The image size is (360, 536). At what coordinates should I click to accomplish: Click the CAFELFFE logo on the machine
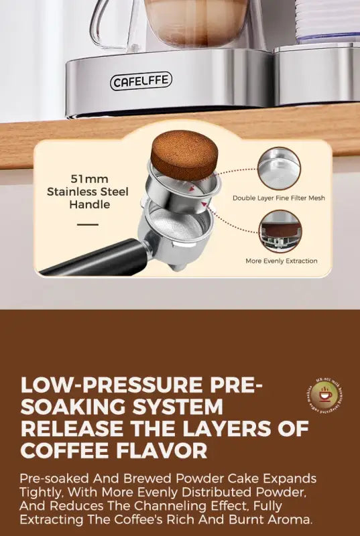(141, 81)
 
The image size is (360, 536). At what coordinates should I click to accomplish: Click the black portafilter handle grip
(94, 259)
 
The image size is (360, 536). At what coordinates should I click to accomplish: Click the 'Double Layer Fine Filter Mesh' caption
(278, 198)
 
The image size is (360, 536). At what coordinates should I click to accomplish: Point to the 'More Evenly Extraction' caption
(282, 261)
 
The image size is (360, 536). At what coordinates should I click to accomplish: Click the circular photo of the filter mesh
(279, 167)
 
